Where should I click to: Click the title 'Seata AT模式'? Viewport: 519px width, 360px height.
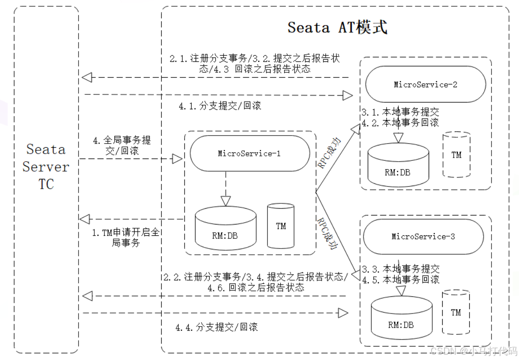(x=337, y=27)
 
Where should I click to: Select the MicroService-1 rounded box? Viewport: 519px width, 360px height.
(x=249, y=154)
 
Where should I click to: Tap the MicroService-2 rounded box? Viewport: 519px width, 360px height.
(x=425, y=84)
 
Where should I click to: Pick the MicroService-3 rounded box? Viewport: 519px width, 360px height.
(x=423, y=236)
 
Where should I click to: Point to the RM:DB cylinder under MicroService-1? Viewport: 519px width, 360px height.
(x=225, y=229)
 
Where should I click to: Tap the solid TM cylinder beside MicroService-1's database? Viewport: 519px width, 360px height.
(x=281, y=225)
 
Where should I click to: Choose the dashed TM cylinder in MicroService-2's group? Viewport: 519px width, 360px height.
(x=456, y=154)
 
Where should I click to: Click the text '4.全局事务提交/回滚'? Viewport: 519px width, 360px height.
(x=122, y=145)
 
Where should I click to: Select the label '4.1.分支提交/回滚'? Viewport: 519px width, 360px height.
(x=220, y=107)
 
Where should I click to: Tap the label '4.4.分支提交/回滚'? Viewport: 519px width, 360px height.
(x=216, y=327)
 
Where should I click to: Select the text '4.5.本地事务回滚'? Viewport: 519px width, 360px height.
(x=401, y=280)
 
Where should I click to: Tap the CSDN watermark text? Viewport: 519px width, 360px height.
(x=473, y=351)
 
